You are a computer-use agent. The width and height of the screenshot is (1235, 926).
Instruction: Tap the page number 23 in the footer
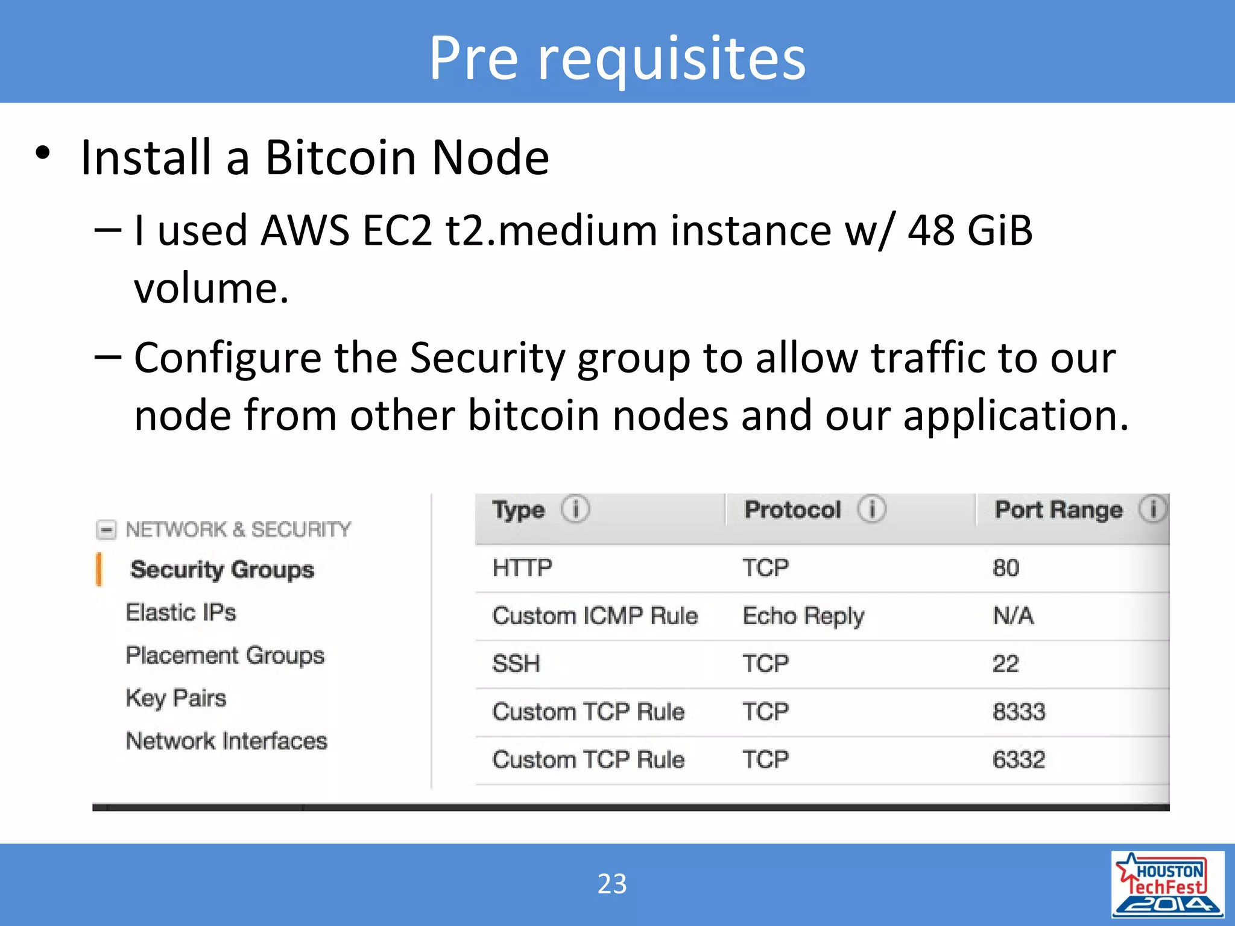coord(612,884)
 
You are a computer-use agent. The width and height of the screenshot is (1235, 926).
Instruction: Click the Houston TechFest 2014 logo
coord(1167,884)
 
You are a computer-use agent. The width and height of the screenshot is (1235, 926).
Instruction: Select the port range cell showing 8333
coord(1019,712)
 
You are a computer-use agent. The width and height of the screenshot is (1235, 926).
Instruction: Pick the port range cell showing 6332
coord(1019,760)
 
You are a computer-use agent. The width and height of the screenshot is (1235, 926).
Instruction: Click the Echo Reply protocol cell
coord(803,616)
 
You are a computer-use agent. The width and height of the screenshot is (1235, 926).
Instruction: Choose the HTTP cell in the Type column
coord(522,568)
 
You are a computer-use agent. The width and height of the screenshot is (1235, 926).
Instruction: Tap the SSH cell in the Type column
coord(516,664)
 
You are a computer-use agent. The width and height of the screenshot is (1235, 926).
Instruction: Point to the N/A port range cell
coord(1013,616)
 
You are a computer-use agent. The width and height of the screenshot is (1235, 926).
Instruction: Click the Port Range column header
coord(1058,510)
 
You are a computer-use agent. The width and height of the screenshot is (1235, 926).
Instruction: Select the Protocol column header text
coord(792,510)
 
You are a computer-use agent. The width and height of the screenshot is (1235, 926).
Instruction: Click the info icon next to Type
coord(575,509)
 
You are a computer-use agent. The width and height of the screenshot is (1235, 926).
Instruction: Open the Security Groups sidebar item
coord(222,570)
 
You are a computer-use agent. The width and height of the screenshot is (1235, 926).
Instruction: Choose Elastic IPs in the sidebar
coord(181,613)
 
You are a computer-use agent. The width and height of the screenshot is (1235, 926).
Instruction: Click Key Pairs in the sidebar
coord(176,698)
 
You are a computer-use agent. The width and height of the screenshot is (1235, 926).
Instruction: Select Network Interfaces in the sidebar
coord(226,741)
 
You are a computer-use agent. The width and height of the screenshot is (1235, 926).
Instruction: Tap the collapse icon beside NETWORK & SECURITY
coord(106,530)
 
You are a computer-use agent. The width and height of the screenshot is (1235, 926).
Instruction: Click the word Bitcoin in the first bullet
coord(340,157)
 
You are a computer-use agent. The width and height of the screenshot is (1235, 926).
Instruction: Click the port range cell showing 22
coord(1005,664)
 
